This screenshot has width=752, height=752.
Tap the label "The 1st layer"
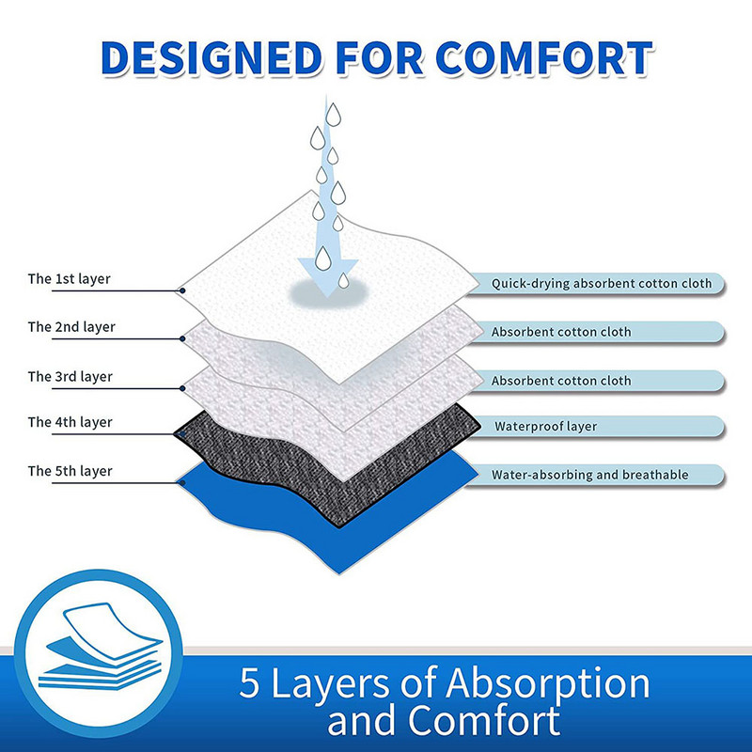coord(70,278)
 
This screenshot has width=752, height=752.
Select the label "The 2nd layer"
coord(70,327)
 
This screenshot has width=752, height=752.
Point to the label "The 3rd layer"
coord(70,376)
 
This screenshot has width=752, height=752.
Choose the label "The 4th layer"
coord(70,422)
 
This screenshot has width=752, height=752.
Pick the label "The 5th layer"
coord(70,471)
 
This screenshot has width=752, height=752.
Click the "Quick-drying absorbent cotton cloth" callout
coord(601,283)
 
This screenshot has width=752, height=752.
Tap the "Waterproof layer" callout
coord(545,426)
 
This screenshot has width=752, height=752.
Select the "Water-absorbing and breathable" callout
coord(589,475)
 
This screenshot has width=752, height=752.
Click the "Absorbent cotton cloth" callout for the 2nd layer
coord(561,332)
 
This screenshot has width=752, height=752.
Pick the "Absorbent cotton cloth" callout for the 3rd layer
coord(561,381)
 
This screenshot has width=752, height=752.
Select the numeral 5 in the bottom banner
coord(251,682)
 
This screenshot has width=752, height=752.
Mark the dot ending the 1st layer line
coord(181,291)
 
